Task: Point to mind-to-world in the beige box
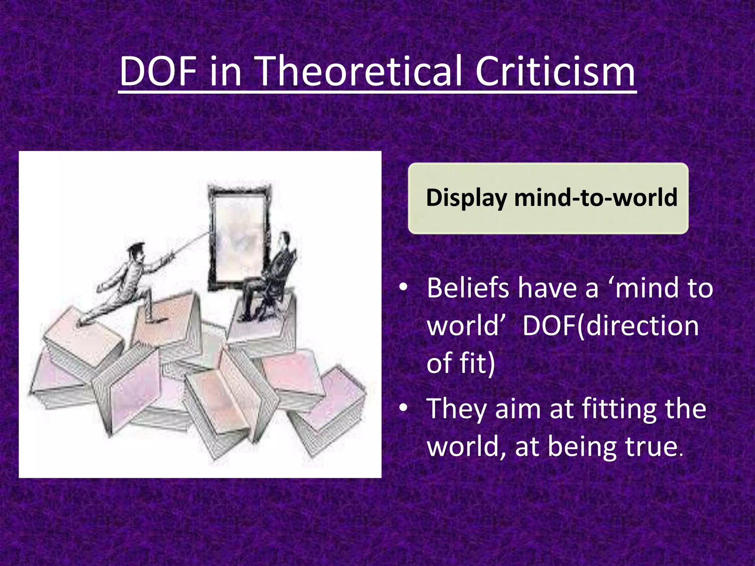point(596,198)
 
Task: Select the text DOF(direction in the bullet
point(610,326)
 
